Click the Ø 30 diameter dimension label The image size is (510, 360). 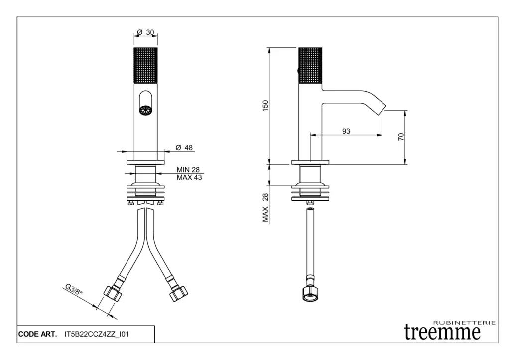click(145, 32)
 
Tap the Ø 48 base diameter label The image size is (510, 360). click(184, 148)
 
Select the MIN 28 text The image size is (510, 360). click(188, 170)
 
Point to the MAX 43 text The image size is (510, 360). click(189, 178)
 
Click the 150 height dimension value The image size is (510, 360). click(266, 106)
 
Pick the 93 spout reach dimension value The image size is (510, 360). click(346, 131)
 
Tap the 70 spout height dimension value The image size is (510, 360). click(401, 137)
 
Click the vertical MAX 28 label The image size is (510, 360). click(266, 208)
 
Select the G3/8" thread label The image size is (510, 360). click(74, 289)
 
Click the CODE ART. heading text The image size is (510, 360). click(37, 334)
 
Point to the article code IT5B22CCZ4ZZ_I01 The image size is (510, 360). click(97, 334)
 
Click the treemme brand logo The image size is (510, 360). click(442, 332)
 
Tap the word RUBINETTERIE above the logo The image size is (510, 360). click(464, 323)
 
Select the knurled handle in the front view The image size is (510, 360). click(146, 65)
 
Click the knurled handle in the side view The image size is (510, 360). click(310, 65)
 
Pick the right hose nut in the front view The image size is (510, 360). click(179, 293)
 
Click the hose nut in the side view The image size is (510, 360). click(310, 293)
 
